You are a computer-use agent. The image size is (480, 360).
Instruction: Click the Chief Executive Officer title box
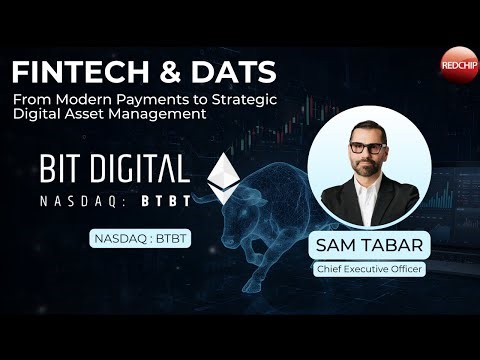369,268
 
